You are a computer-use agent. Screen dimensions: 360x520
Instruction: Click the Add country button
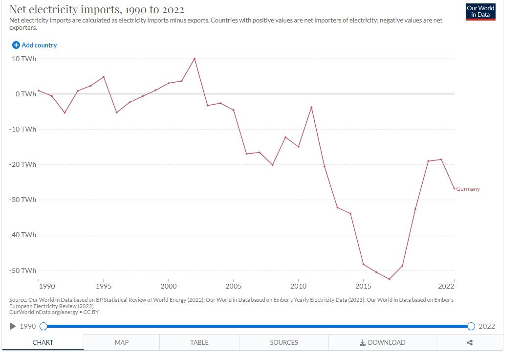coord(35,45)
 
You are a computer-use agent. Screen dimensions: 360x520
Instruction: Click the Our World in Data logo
coord(481,12)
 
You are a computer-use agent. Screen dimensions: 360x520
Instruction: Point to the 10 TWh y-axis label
coord(24,59)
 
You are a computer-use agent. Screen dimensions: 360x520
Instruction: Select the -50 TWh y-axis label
coord(23,270)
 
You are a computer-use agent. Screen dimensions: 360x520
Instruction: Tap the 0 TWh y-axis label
coord(25,94)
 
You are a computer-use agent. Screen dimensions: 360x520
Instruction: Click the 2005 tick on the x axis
coord(234,286)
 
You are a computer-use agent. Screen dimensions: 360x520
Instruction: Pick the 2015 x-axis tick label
coord(363,286)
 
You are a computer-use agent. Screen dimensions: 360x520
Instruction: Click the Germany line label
coord(468,189)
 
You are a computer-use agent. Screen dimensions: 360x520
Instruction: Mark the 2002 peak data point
coord(195,59)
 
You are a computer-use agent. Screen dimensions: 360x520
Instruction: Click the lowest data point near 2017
coord(390,279)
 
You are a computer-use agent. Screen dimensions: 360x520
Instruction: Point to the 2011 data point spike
coord(311,107)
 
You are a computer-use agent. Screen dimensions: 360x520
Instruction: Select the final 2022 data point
coord(454,188)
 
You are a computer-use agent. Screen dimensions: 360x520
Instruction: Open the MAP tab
coord(122,342)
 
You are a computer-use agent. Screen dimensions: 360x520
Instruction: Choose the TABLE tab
coord(199,342)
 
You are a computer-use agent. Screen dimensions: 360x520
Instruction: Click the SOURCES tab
coord(284,342)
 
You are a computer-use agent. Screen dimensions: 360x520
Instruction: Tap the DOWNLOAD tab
coord(382,342)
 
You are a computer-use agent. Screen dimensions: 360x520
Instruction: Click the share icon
coord(470,342)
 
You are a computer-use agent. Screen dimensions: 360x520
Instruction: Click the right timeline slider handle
coord(471,326)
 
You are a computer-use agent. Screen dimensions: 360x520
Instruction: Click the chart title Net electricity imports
coord(97,10)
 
